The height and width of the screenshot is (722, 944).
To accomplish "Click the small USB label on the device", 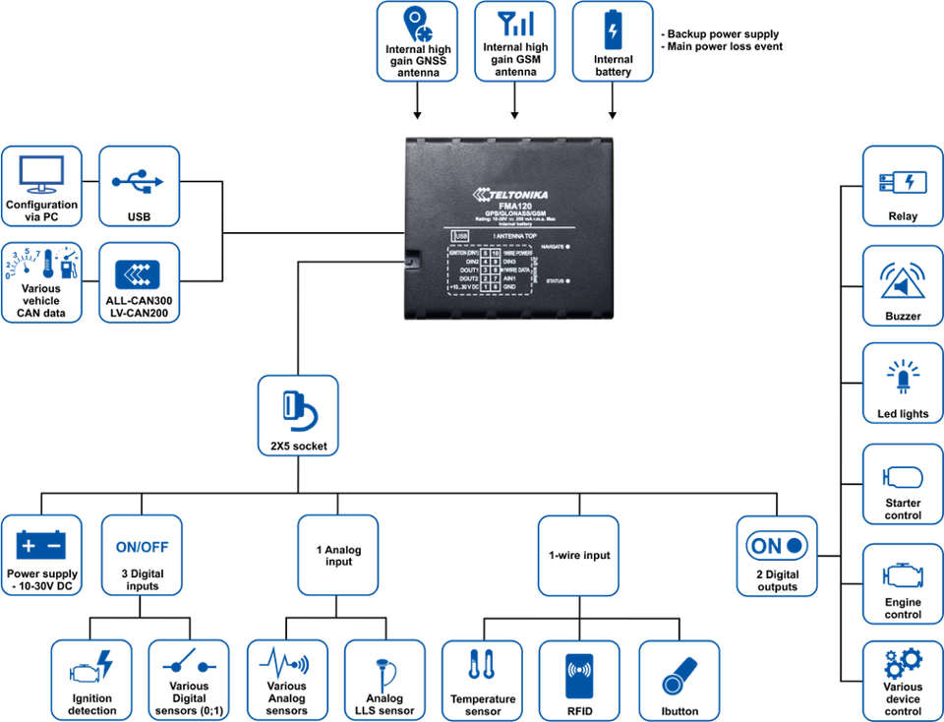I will coord(459,235).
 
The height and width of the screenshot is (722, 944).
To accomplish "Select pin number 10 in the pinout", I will coord(495,252).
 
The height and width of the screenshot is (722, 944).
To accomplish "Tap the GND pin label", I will coord(508,287).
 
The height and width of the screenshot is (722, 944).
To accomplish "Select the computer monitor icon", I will coord(42,182).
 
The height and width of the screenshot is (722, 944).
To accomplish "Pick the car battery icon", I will coord(42,546).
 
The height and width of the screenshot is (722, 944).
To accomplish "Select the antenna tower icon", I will coord(902,281).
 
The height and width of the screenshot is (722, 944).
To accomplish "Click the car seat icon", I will coord(90,674).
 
